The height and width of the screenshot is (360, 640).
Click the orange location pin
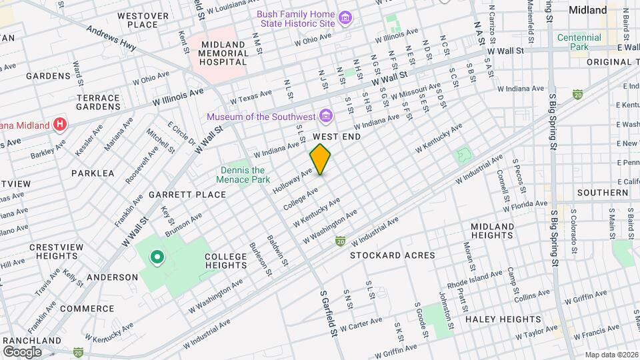point(321,159)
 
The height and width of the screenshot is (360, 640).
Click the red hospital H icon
point(61,124)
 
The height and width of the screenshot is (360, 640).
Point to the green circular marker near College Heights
point(157,256)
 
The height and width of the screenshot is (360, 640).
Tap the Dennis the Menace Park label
point(245,175)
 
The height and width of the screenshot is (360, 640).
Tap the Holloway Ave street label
point(293,181)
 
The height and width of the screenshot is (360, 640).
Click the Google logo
point(22,351)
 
